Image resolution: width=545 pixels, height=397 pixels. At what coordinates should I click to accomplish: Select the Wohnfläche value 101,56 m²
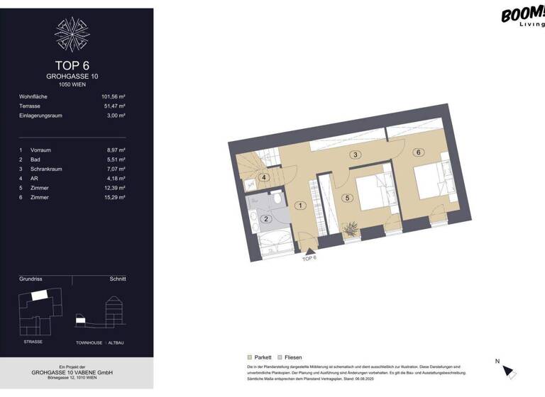[113, 96]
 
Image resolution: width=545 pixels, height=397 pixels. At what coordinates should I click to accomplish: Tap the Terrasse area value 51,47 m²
[114, 106]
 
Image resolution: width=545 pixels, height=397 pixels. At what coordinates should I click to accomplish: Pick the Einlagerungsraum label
[40, 115]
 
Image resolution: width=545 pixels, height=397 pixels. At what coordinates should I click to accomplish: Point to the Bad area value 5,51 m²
[115, 160]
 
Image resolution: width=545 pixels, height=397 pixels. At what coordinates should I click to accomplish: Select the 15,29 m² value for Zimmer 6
[114, 197]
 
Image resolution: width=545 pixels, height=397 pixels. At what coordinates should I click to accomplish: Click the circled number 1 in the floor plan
[301, 206]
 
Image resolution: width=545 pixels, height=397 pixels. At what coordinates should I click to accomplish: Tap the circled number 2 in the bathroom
[265, 219]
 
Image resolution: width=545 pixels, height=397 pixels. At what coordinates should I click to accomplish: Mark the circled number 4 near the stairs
[264, 177]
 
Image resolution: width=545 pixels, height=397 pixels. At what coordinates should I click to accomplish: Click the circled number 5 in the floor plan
[347, 198]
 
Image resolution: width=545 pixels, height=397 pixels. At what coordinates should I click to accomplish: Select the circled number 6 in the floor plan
[419, 152]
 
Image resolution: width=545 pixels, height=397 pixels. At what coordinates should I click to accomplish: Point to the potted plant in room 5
[350, 229]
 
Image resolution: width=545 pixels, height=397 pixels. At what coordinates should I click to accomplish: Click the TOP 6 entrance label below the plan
[309, 259]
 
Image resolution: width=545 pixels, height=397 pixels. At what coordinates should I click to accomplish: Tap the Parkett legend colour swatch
[249, 358]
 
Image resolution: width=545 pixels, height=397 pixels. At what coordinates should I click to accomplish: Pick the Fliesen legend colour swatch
[280, 358]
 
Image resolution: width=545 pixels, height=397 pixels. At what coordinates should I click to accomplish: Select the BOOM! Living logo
[522, 16]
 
